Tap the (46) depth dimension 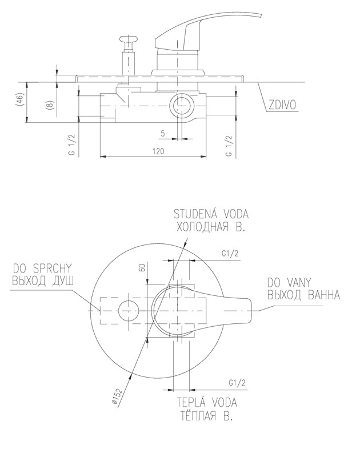click(x=19, y=102)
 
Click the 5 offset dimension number click(x=163, y=133)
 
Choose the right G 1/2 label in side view click(x=229, y=146)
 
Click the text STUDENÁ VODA click(x=211, y=215)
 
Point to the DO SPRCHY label click(x=43, y=267)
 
